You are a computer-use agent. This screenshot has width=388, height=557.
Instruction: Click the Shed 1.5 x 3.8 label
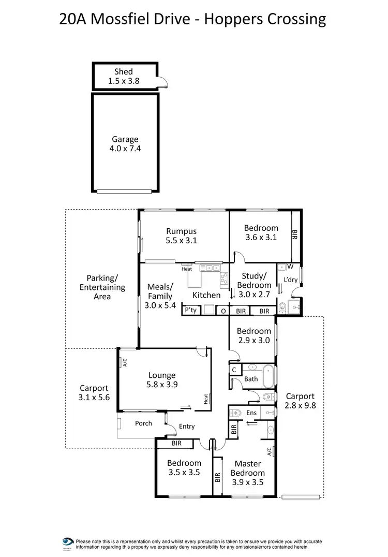(x=124, y=76)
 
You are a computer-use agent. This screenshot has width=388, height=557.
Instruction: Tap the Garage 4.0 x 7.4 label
(x=125, y=143)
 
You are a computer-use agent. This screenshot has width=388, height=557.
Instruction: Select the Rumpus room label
(x=181, y=236)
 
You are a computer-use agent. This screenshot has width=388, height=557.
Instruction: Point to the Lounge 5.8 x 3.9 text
(x=162, y=380)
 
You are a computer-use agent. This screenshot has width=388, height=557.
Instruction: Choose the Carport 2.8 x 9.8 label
(x=300, y=401)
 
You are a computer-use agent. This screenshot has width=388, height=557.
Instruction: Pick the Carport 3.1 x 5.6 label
(x=94, y=392)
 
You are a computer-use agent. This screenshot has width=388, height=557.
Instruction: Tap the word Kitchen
(x=206, y=295)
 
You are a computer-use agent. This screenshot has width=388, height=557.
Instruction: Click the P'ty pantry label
(x=191, y=310)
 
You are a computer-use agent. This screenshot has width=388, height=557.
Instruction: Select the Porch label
(x=143, y=423)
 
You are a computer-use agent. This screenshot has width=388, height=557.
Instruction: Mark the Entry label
(x=187, y=427)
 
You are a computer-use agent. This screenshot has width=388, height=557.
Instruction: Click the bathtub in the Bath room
(x=268, y=377)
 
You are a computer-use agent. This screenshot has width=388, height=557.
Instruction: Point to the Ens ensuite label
(x=251, y=413)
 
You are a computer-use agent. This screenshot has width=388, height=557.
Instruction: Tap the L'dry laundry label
(x=290, y=280)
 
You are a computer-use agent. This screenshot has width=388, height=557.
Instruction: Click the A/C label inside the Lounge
(x=124, y=363)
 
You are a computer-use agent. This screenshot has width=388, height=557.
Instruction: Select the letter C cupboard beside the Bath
(x=234, y=370)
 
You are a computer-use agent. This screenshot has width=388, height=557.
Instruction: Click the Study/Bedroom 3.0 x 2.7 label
(x=254, y=285)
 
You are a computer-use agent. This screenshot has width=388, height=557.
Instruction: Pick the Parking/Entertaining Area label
(x=102, y=287)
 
